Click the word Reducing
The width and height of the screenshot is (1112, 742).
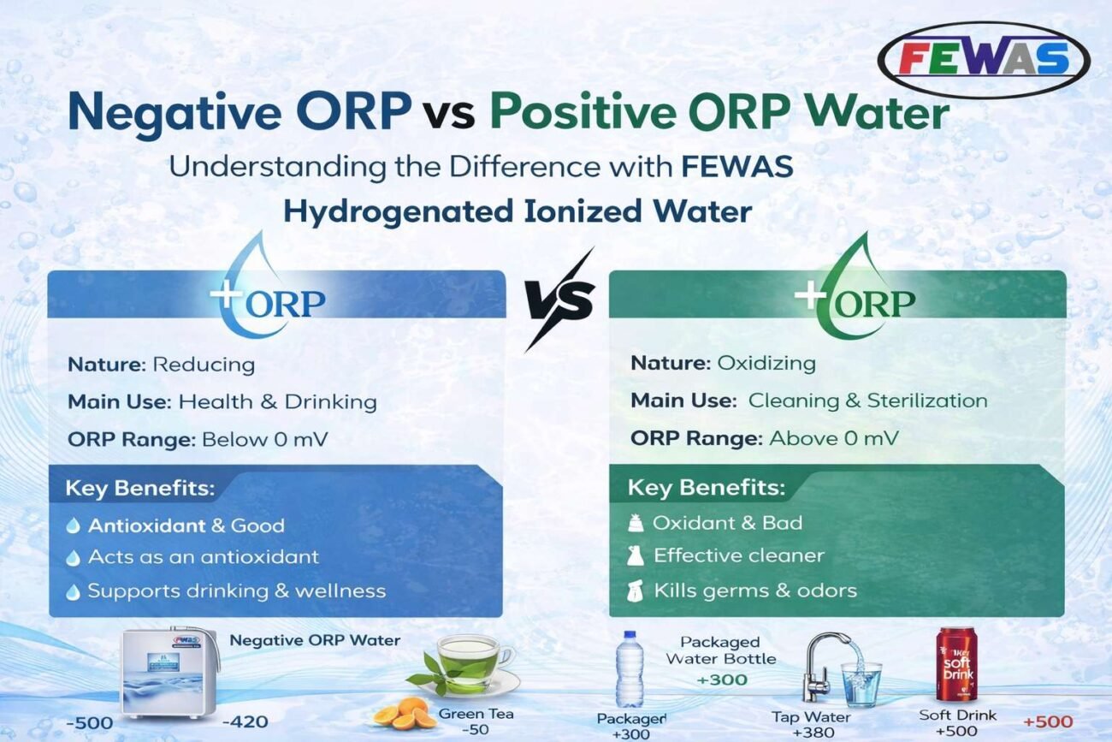click(204, 365)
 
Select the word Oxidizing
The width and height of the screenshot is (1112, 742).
click(766, 364)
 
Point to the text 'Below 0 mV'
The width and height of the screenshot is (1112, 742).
click(264, 440)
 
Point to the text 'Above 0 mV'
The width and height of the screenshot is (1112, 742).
click(834, 438)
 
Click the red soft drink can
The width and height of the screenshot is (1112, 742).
click(956, 664)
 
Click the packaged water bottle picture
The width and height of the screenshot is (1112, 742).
click(630, 668)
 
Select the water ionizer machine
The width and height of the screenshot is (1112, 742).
click(169, 673)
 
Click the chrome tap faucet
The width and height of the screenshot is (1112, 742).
click(824, 666)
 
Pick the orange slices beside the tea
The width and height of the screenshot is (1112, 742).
click(405, 713)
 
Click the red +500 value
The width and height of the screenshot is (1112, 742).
click(1048, 721)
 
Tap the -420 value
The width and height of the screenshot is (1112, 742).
click(245, 721)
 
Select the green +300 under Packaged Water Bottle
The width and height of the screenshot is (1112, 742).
click(722, 680)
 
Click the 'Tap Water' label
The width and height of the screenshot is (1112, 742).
click(811, 716)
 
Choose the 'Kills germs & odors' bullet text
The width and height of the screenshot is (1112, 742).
click(755, 591)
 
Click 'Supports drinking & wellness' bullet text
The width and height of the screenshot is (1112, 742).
click(237, 591)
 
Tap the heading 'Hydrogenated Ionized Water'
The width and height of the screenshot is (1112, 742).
click(518, 211)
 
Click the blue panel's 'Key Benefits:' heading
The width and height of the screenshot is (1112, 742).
click(140, 488)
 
